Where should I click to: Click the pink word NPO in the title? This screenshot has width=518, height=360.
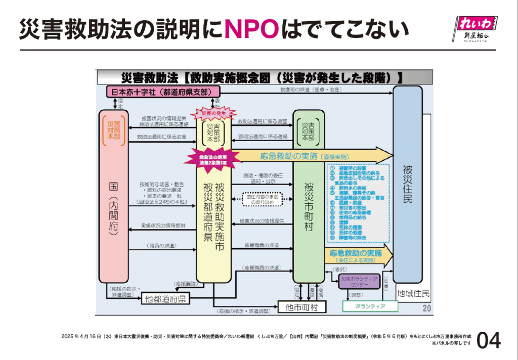tap(251, 30)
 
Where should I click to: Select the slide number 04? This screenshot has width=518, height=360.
tap(488, 340)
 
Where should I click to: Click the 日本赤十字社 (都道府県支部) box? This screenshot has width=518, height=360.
tap(157, 92)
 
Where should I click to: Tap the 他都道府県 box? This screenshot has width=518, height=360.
tap(165, 299)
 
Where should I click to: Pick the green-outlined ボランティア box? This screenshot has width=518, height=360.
tap(370, 306)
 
